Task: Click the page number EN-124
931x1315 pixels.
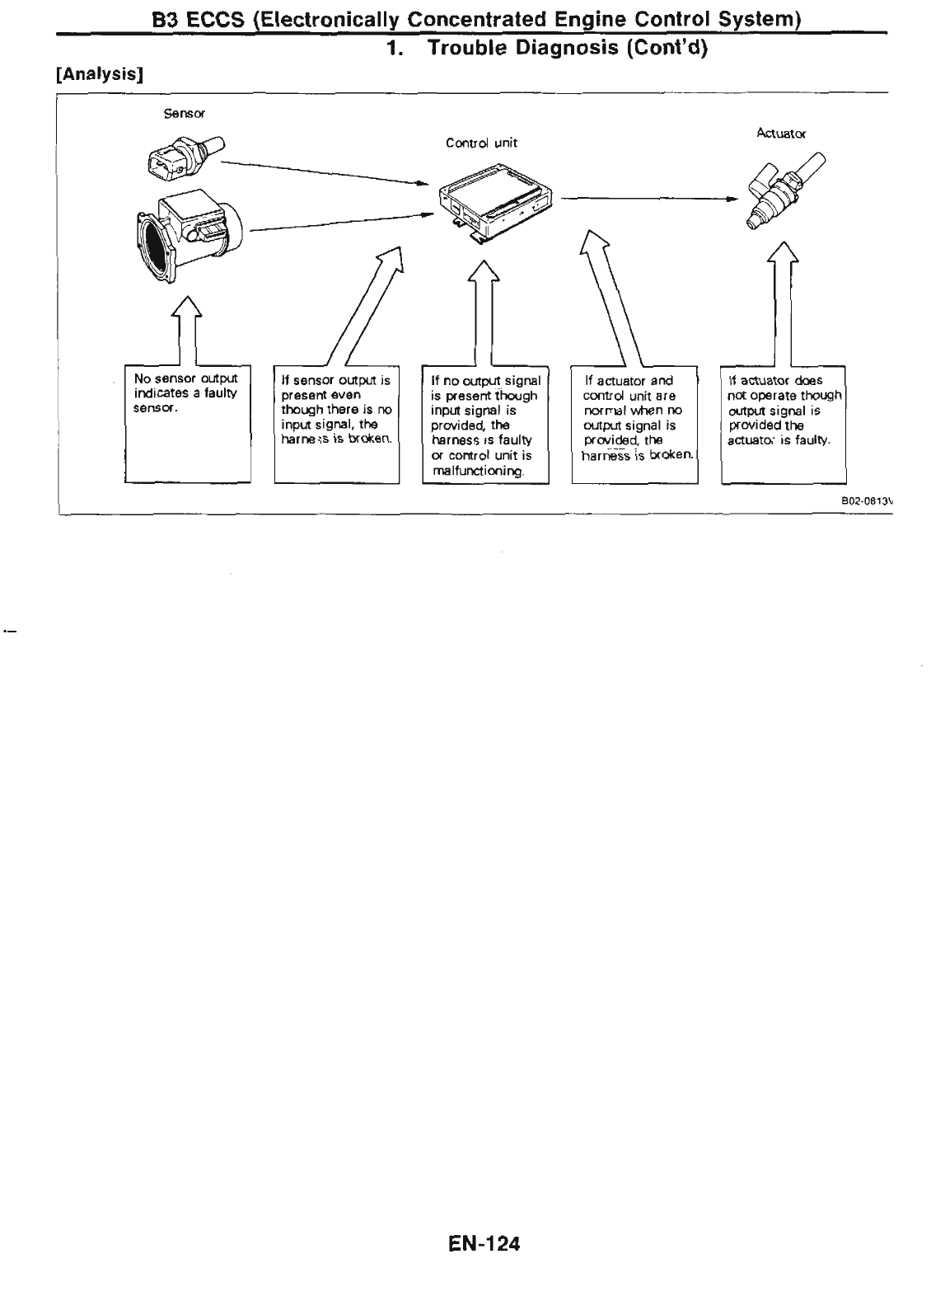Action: tap(484, 1242)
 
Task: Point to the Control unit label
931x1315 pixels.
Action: tap(481, 143)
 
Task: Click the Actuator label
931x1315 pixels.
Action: tap(780, 132)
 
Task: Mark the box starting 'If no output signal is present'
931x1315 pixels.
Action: tap(484, 425)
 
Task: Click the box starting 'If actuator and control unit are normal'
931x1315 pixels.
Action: tap(634, 425)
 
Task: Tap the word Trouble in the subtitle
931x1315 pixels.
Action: tap(465, 48)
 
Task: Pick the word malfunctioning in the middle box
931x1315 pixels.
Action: tap(477, 471)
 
